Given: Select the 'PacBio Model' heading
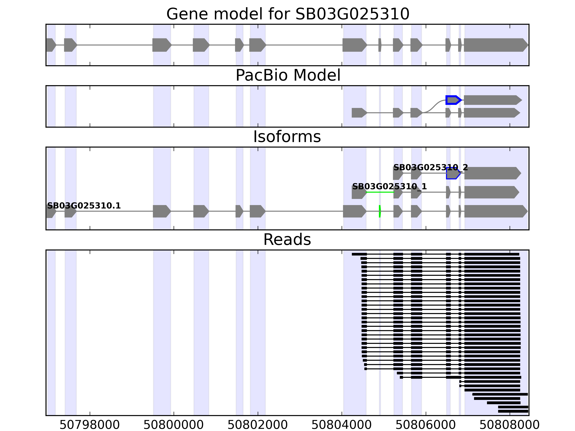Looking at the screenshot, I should coord(288,75).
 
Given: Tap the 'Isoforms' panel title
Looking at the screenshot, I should coord(287,137).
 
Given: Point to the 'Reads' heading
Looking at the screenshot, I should coord(287,240).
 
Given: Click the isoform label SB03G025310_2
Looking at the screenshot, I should coord(431,168).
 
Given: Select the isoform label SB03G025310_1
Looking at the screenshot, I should coord(389,187).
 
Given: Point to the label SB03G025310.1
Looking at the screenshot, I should coord(84,206).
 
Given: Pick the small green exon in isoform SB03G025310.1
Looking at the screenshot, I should coord(380,211).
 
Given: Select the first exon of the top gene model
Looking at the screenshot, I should coord(51,45).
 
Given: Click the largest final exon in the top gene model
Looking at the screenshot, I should coord(495,45).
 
